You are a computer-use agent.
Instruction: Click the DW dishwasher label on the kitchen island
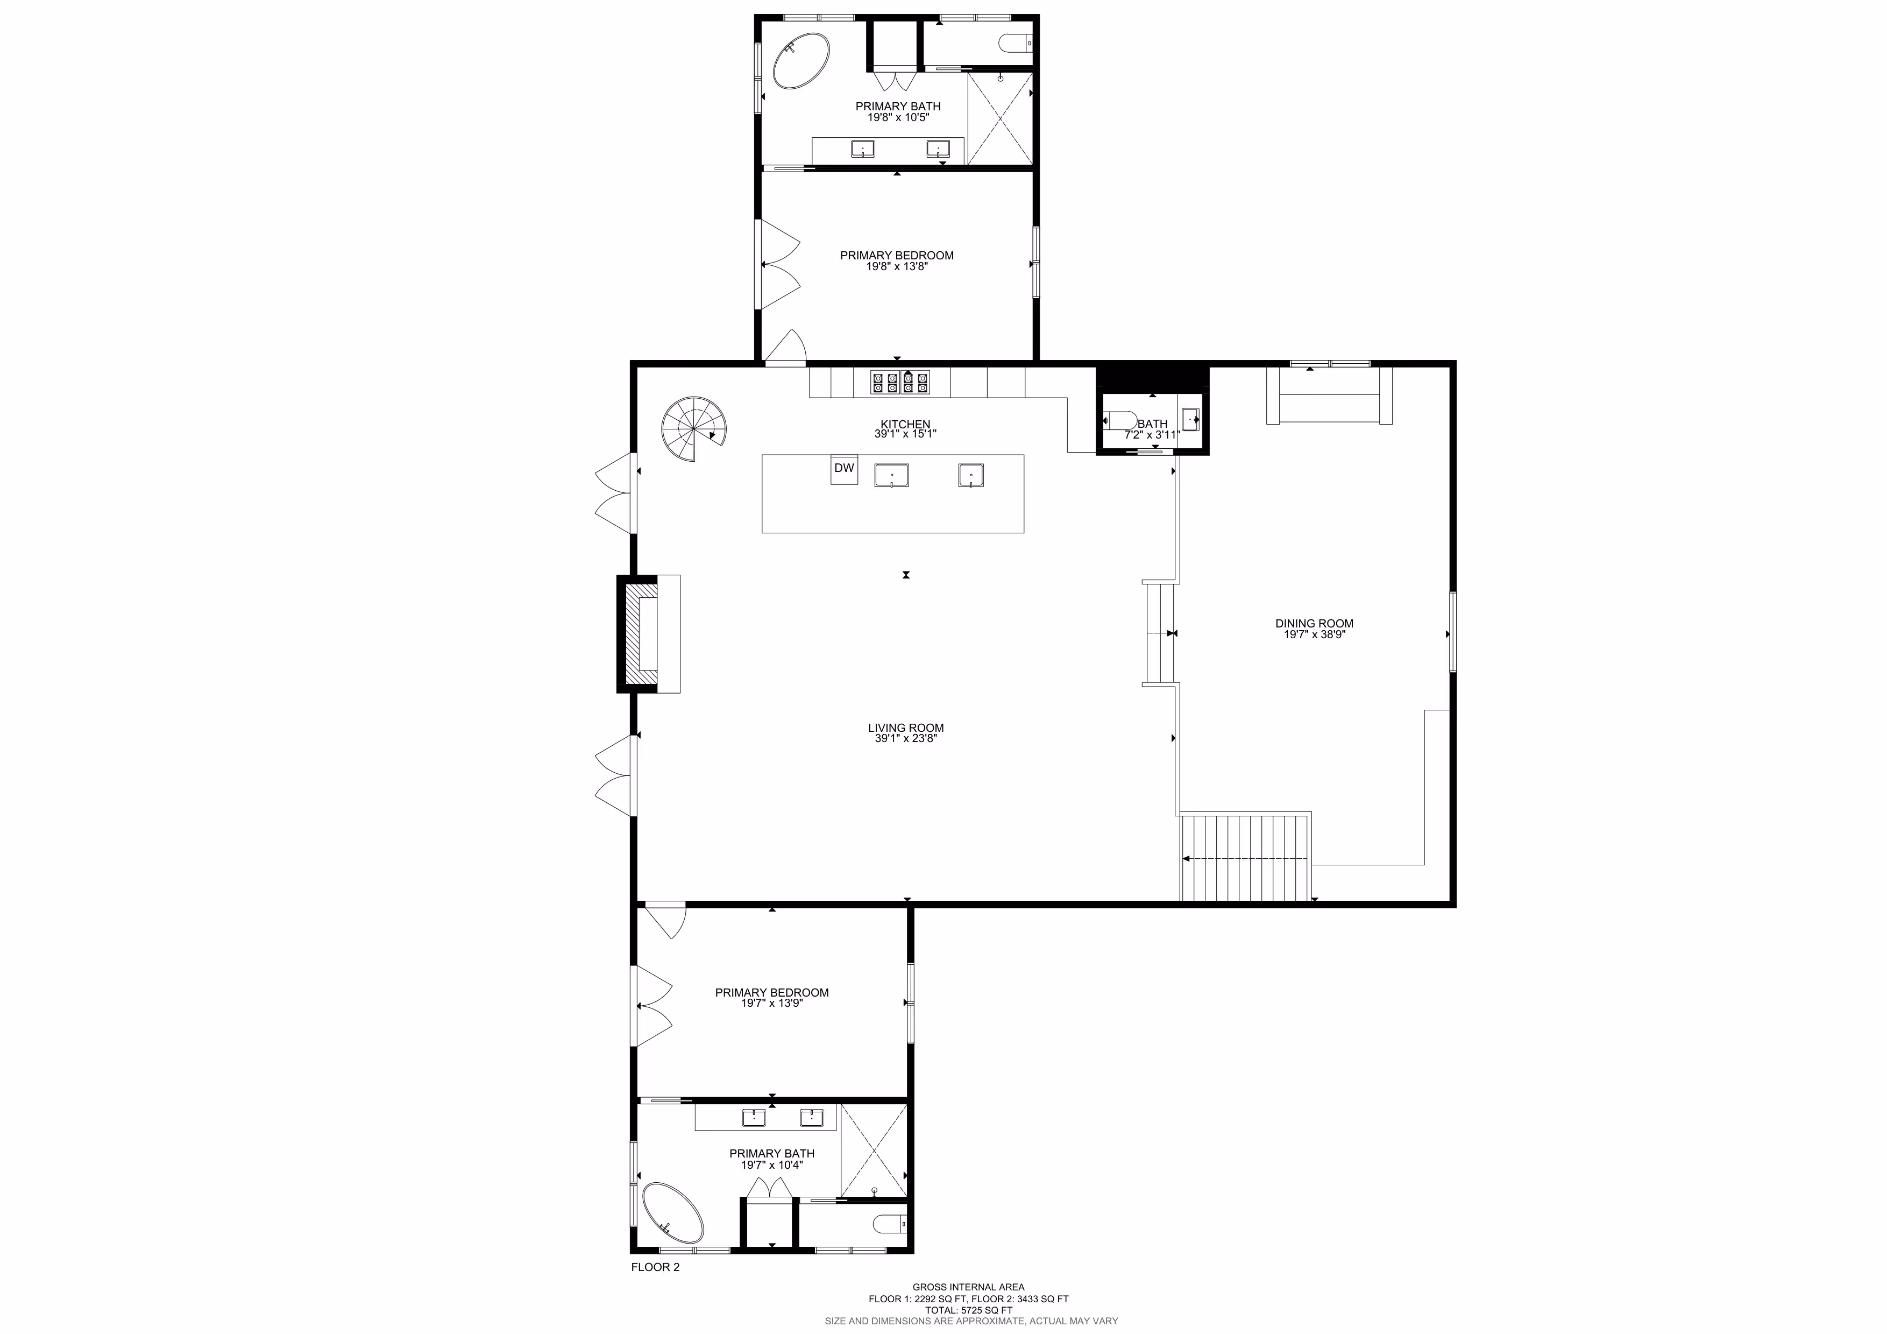point(844,468)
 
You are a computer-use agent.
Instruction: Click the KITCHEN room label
point(905,424)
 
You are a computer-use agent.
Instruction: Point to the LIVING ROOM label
point(906,728)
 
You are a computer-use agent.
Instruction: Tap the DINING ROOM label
point(1314,623)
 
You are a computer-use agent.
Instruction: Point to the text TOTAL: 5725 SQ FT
point(969,1310)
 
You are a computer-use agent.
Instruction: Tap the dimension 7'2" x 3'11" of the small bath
point(1152,435)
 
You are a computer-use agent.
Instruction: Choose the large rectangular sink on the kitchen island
point(892,475)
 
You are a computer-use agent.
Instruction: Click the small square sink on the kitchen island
point(971,475)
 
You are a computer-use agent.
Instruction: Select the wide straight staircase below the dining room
point(1244,857)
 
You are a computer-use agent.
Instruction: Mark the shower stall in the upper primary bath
point(1000,118)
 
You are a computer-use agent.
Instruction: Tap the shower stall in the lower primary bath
point(874,1151)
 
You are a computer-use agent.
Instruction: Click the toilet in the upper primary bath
point(1015,42)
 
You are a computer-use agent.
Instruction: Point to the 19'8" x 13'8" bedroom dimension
point(897,266)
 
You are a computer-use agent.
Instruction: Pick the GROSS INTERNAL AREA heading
point(968,1287)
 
